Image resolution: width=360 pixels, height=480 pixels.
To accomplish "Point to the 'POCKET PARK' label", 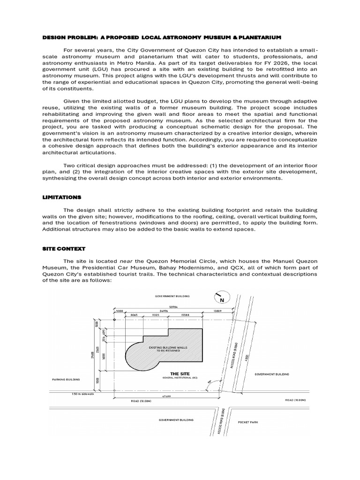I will click(248, 422).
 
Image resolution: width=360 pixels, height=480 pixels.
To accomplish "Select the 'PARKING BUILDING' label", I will click(67, 380).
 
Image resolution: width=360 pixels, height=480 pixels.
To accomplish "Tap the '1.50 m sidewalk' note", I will click(65, 393).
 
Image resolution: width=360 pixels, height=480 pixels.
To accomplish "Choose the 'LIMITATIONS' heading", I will click(62, 197).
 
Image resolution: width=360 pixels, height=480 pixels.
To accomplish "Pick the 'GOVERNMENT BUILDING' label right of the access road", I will click(272, 374).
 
